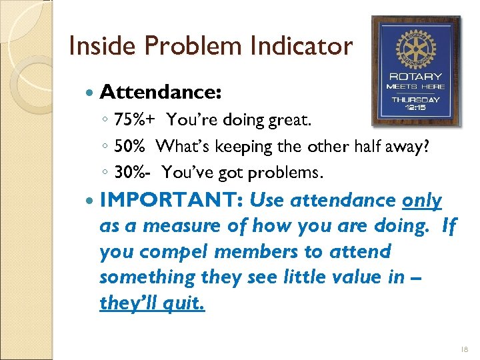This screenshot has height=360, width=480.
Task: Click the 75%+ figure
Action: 135,120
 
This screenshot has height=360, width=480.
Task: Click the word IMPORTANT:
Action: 171,201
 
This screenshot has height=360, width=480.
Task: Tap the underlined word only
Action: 422,201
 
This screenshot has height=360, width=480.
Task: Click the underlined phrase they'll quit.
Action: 153,303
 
